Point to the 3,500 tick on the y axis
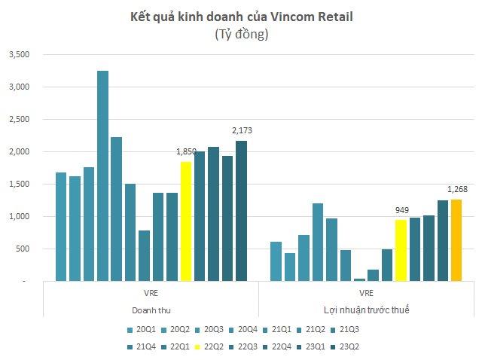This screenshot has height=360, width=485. [x=17, y=55]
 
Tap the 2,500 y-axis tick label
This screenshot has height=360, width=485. [x=17, y=120]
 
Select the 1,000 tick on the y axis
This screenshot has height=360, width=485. [x=17, y=217]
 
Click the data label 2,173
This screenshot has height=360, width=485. [x=242, y=130]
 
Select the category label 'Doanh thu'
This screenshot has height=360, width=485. [x=151, y=309]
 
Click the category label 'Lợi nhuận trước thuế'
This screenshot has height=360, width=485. [x=367, y=309]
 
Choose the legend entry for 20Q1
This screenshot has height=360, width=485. [x=143, y=330]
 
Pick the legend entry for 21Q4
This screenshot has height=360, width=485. [x=143, y=346]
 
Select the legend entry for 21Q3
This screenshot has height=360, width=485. [x=346, y=330]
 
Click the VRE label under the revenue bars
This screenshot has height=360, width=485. [x=151, y=291]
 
